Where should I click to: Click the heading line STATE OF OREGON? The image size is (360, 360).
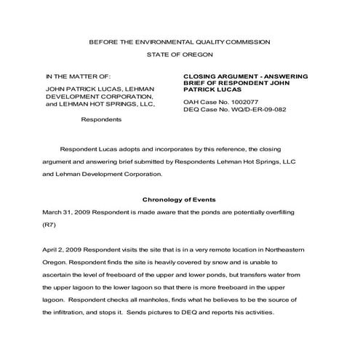pyautogui.click(x=179, y=55)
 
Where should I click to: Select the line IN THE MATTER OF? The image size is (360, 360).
pyautogui.click(x=78, y=76)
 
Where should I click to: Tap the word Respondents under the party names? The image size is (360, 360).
pyautogui.click(x=101, y=118)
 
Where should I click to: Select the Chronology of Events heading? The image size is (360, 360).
pyautogui.click(x=179, y=199)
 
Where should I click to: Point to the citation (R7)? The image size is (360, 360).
pyautogui.click(x=50, y=224)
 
